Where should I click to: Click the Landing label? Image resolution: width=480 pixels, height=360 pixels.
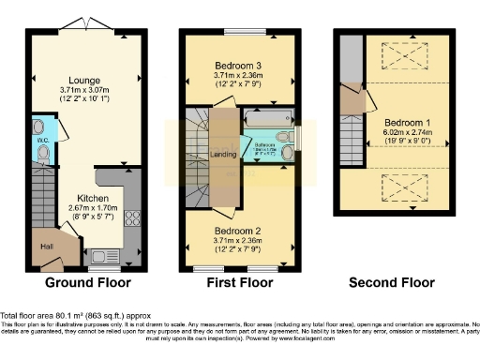coord(223,154)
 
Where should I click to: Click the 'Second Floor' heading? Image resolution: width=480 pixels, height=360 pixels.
coord(392,282)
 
